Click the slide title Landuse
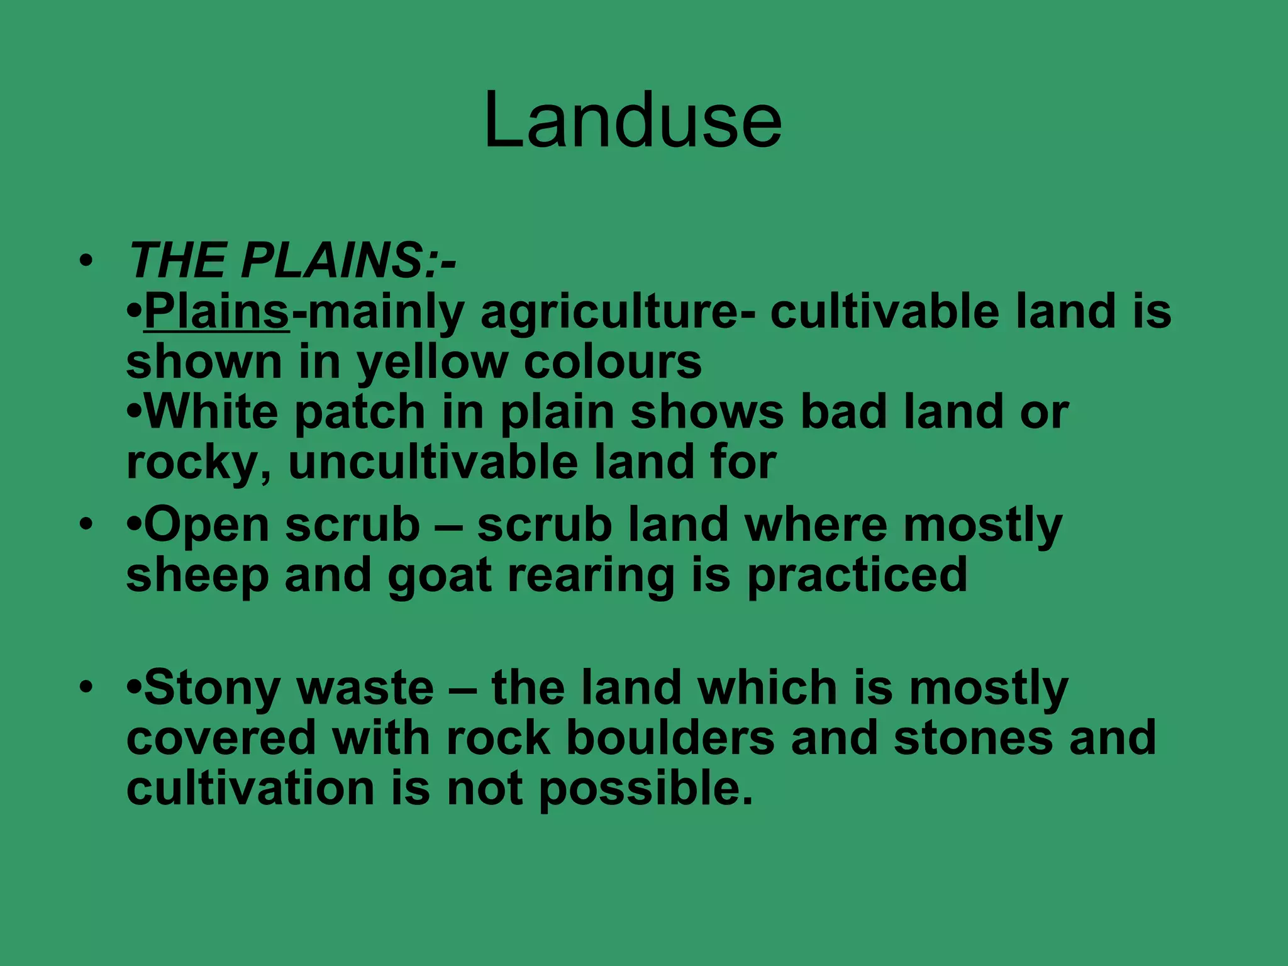click(x=633, y=120)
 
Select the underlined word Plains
click(x=216, y=311)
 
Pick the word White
click(x=211, y=412)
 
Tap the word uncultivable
click(x=433, y=462)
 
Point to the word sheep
click(x=197, y=577)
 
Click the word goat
click(x=439, y=577)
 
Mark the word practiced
click(x=857, y=577)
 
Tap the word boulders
click(x=670, y=738)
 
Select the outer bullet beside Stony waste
click(x=86, y=687)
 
